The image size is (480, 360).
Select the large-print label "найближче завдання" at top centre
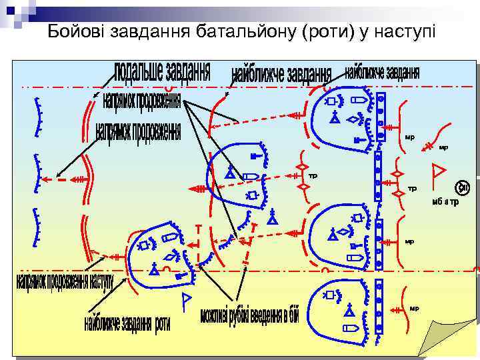281,75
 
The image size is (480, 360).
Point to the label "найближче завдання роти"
127,323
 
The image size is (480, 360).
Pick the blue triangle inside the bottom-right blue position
348,311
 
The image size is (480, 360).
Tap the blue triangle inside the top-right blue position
335,118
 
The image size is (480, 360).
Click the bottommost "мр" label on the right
414,308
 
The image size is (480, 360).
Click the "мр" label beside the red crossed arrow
443,147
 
